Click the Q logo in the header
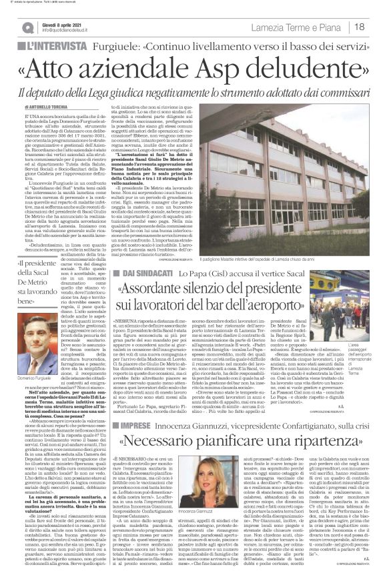(27, 26)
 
